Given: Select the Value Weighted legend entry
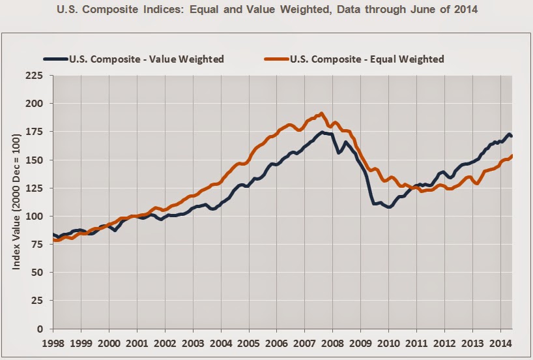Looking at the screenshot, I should (156, 59).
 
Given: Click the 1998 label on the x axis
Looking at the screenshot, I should (53, 342).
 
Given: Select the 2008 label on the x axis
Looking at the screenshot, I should (332, 342).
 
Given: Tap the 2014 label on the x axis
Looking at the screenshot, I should (500, 342).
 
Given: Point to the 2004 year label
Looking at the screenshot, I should (221, 342).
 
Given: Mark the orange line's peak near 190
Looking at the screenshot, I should (321, 113).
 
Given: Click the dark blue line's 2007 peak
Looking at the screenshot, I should (321, 132).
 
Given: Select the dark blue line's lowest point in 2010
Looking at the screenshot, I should (389, 207).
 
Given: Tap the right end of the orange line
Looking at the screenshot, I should (512, 155).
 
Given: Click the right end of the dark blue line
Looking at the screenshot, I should (512, 136).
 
